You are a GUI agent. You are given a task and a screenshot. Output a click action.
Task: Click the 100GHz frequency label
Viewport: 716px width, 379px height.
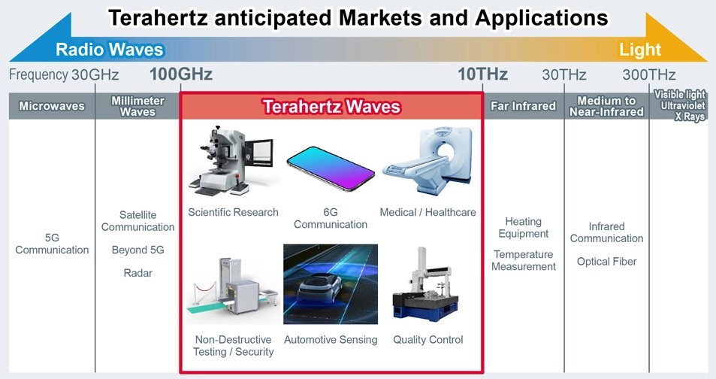click(181, 74)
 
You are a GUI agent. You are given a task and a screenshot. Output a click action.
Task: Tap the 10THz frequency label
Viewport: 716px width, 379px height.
click(482, 74)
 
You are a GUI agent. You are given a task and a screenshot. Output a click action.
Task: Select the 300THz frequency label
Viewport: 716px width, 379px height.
click(649, 74)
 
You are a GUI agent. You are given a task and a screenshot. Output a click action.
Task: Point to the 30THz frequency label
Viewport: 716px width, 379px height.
click(564, 74)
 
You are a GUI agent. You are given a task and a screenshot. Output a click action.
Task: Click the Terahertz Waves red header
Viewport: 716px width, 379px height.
click(332, 107)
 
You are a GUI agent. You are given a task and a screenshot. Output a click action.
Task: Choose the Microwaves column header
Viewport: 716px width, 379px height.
click(52, 106)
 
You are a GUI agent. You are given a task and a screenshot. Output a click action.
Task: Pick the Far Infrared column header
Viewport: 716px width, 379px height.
click(524, 106)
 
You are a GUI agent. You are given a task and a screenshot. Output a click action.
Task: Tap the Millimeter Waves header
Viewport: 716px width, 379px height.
click(137, 106)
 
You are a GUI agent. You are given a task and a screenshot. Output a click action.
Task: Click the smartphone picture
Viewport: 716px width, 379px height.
click(331, 168)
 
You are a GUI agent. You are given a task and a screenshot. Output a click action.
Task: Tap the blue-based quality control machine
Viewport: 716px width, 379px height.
click(425, 285)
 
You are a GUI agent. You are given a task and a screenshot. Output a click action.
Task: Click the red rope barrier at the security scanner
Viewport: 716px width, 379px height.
click(206, 288)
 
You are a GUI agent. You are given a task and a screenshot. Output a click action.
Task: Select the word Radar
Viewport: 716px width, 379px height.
click(138, 273)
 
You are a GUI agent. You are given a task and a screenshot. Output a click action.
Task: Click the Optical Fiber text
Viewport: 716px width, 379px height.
click(606, 262)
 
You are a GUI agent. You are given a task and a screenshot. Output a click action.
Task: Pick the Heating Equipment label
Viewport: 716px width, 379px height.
click(524, 228)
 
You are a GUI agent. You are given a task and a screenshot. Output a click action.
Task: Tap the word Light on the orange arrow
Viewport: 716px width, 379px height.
click(640, 50)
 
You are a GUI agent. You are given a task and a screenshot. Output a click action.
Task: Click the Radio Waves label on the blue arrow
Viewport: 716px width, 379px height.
click(109, 50)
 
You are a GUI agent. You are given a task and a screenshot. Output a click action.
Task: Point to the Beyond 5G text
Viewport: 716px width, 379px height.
click(138, 250)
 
